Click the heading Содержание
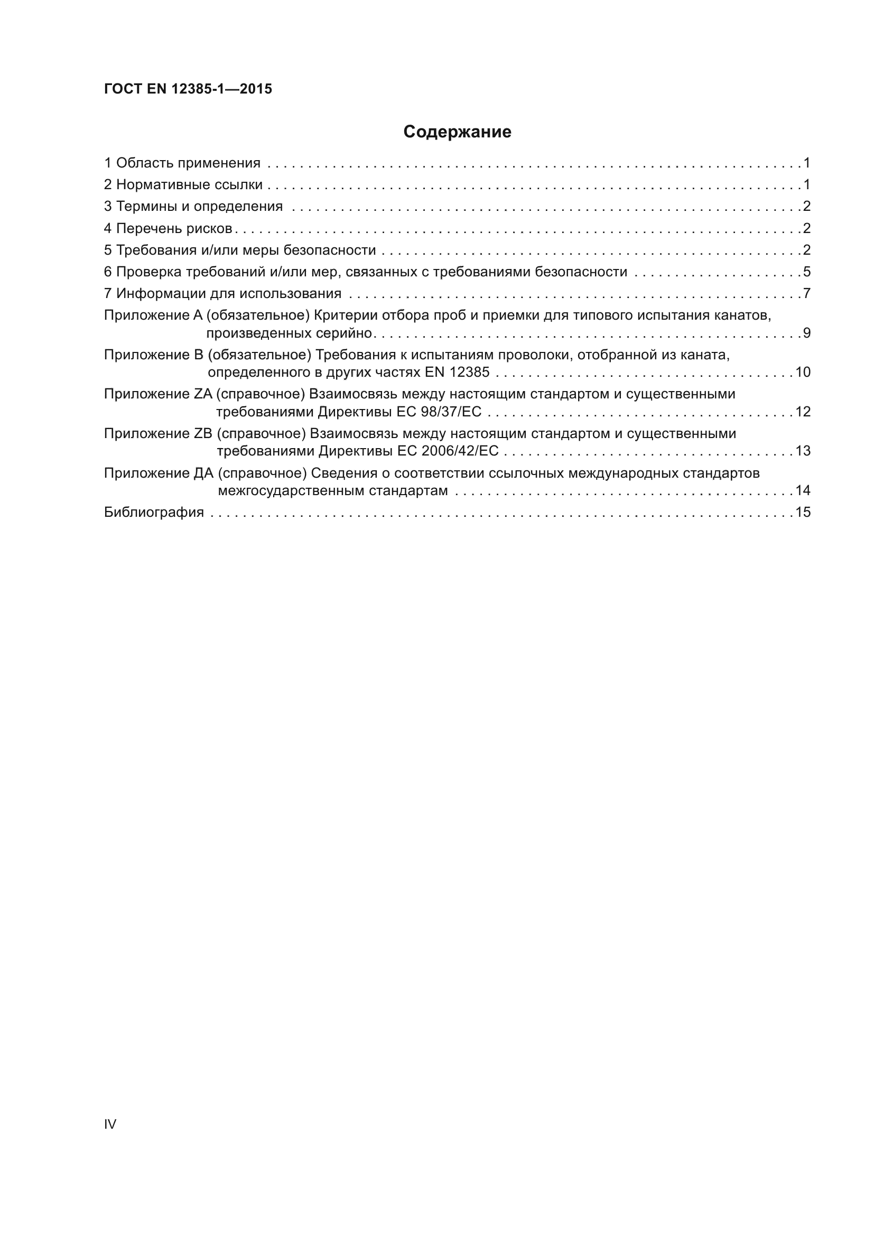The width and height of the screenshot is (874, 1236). point(457,132)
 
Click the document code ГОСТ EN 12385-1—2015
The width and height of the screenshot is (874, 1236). point(188,89)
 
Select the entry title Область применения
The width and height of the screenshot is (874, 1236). point(188,163)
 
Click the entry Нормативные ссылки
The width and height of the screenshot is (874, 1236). point(189,185)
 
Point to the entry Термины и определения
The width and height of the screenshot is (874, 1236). point(199,207)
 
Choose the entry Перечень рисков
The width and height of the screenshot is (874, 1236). point(174,229)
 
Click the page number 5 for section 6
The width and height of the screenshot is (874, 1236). point(806,272)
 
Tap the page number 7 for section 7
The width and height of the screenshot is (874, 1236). point(806,294)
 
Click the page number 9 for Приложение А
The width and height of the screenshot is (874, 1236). point(806,333)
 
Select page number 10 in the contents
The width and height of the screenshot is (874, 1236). point(803,373)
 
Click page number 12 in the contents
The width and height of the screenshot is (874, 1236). point(803,412)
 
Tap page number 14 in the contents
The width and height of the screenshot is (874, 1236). point(803,490)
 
